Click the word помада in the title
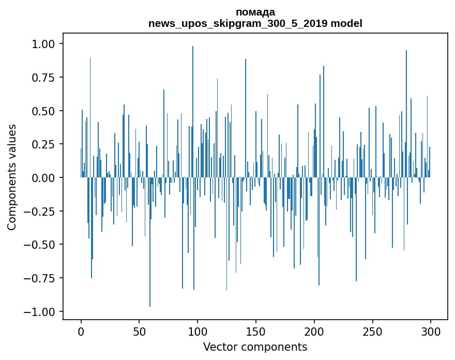pos(255,12)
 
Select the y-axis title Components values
pos(12,177)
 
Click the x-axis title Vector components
pos(255,347)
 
